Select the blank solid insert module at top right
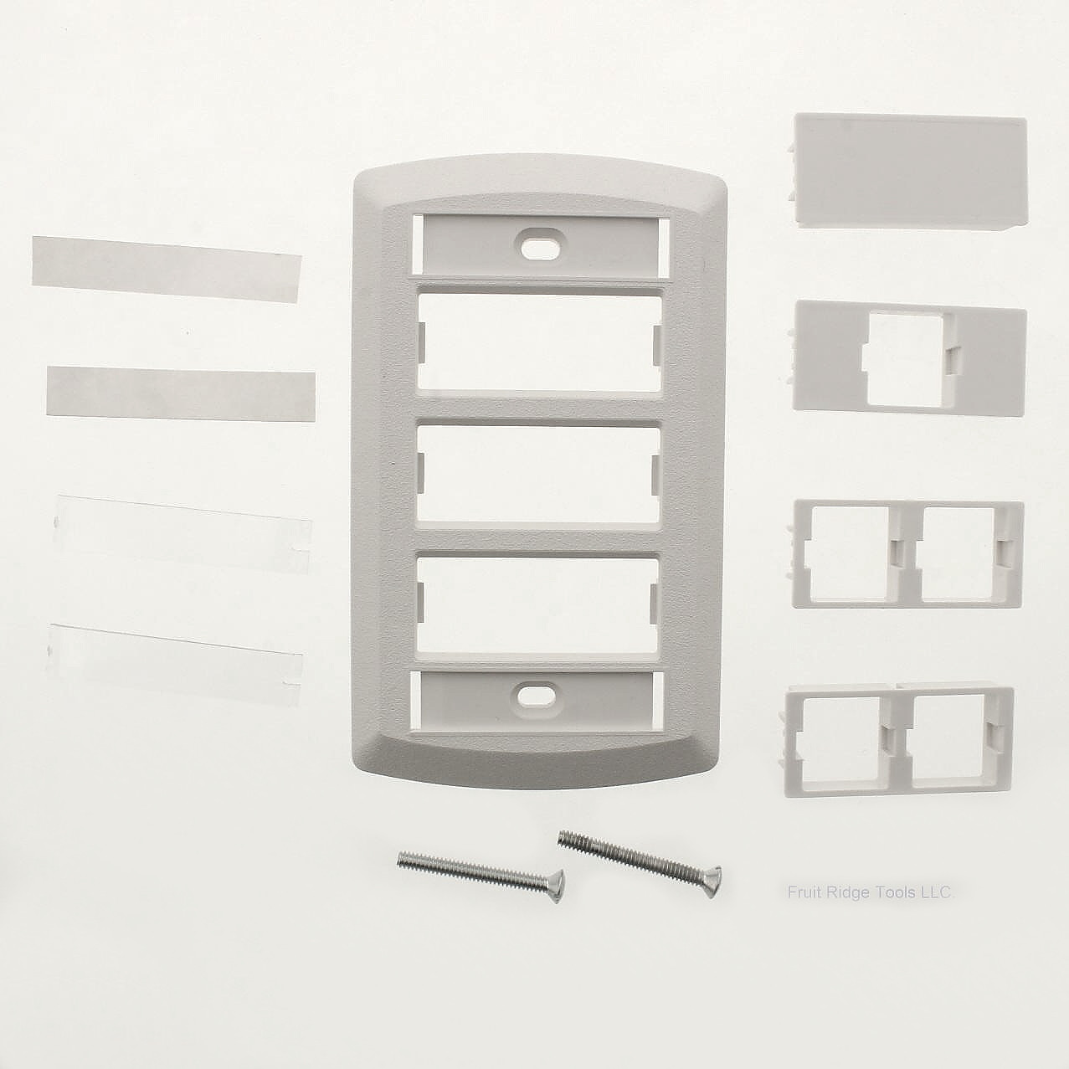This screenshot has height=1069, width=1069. tap(910, 170)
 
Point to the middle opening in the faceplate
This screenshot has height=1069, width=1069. tap(537, 475)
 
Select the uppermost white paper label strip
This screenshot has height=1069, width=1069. tap(167, 269)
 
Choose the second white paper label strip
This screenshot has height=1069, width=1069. tap(181, 393)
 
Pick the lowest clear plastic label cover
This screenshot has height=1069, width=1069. tap(174, 665)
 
